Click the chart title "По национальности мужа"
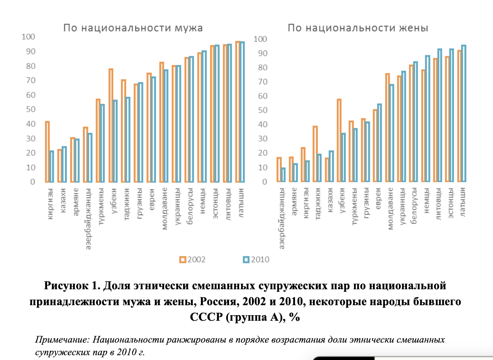pos(133,28)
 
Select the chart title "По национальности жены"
pos(358,28)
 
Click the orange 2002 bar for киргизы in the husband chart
pos(47,152)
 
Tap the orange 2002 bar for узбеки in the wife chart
pos(339,141)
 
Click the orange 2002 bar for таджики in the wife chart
pos(315,154)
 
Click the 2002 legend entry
pos(192,260)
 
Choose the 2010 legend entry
pos(256,260)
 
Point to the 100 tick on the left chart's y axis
pos(28,37)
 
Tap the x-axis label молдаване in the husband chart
pos(165,208)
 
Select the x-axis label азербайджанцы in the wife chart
pos(282,218)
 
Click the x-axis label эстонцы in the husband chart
pos(215,203)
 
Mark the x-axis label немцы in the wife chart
pos(426,200)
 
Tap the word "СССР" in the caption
pos(206,317)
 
